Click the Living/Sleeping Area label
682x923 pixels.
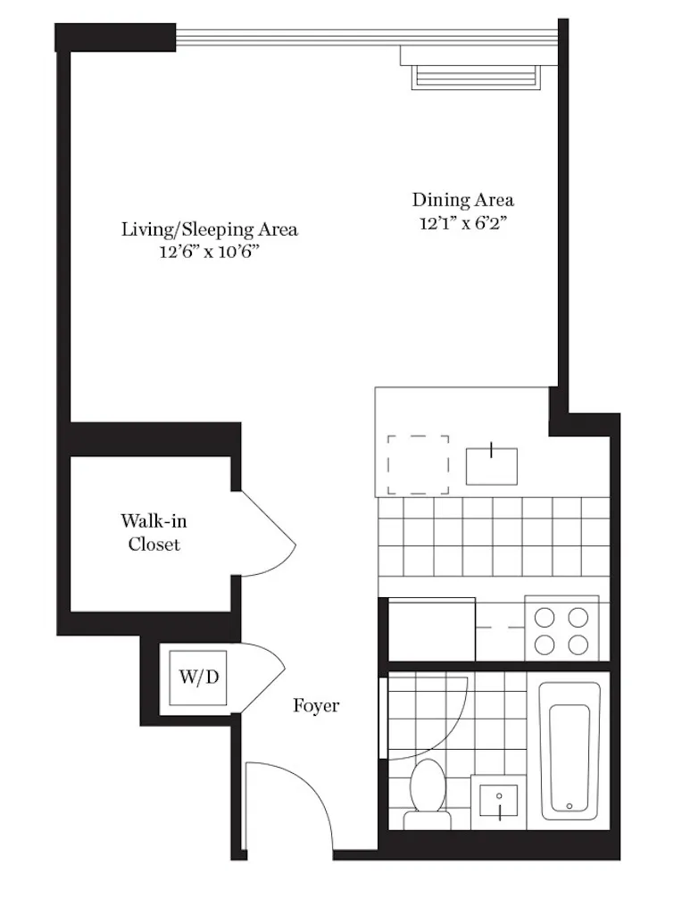(x=210, y=229)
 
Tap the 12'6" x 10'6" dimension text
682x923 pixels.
(x=210, y=253)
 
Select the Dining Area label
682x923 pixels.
(x=462, y=200)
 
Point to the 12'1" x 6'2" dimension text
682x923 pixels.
(x=462, y=223)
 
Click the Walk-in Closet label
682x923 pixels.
(x=154, y=532)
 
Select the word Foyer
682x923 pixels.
(x=317, y=706)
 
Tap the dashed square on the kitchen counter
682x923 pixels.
(x=418, y=462)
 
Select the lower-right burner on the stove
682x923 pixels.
(x=578, y=644)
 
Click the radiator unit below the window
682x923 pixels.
(x=477, y=75)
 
